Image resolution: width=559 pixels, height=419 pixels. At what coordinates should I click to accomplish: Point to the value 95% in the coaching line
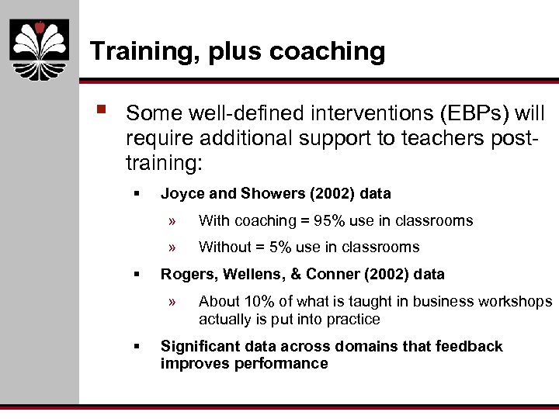point(328,220)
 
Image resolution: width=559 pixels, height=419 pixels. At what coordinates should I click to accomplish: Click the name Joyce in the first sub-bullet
point(180,193)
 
